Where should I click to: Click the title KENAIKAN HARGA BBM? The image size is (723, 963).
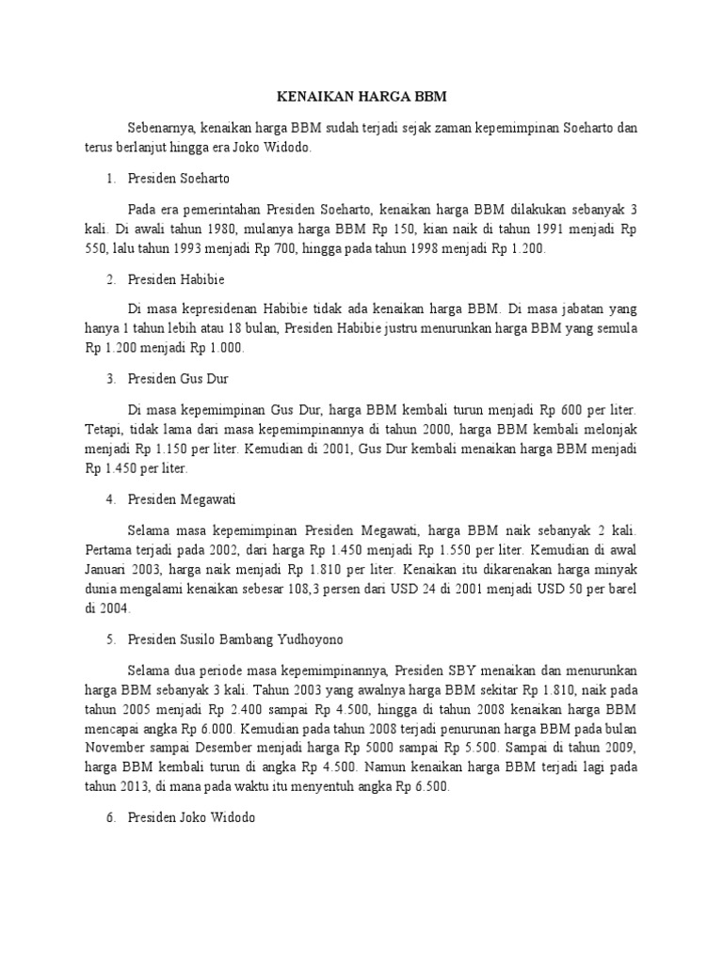click(361, 97)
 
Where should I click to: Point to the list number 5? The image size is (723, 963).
click(111, 639)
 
